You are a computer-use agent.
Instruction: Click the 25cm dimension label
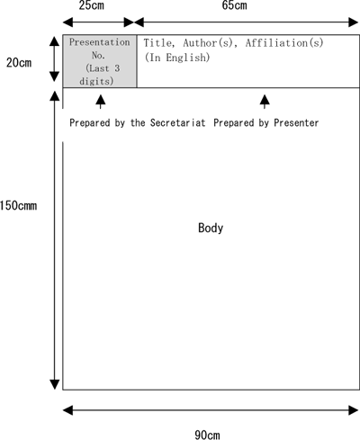pos(92,5)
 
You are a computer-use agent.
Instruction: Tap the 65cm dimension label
pos(234,5)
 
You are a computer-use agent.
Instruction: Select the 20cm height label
pos(19,63)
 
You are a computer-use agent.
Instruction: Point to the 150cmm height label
pos(19,206)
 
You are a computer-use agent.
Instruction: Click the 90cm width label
pos(207,435)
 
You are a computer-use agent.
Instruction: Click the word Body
pos(211,228)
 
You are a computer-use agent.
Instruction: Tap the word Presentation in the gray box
pos(100,42)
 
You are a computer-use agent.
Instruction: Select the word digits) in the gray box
pos(96,81)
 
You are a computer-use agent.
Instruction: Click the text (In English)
pos(177,58)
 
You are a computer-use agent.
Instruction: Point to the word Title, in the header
pos(159,43)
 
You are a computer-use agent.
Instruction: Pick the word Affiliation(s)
pos(284,43)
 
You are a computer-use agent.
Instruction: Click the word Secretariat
pos(178,122)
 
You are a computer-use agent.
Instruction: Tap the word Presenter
pos(296,122)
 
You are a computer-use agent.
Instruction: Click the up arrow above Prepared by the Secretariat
pos(101,102)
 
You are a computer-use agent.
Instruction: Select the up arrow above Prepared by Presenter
pos(265,102)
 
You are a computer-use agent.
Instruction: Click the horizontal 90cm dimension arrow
pos(211,410)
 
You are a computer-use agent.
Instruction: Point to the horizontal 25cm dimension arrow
pos(98,22)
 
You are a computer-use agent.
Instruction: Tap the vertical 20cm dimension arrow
pos(54,59)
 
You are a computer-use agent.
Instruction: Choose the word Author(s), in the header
pos(211,43)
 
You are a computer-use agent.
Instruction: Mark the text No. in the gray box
pos(98,55)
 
